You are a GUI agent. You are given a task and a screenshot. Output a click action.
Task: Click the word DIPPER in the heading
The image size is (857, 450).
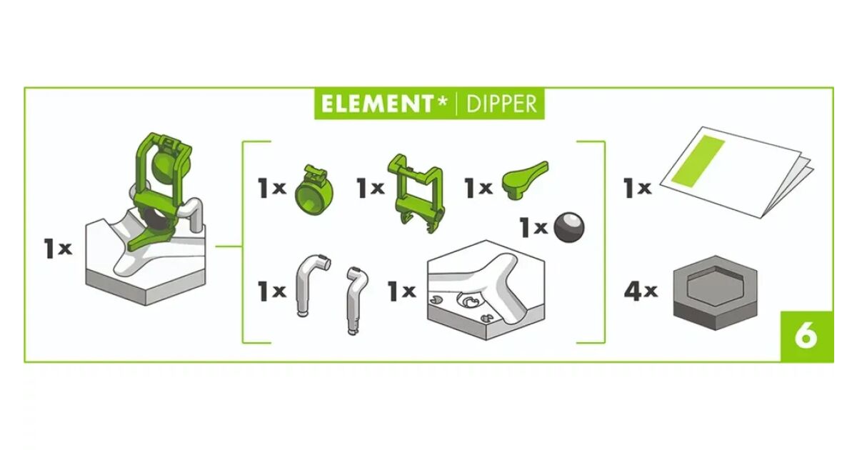(x=501, y=104)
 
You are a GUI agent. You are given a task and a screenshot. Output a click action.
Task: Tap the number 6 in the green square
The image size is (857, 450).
(x=806, y=336)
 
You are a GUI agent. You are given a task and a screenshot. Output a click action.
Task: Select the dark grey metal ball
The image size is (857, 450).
(x=569, y=227)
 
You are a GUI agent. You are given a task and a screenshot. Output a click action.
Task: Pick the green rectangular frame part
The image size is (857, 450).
(x=416, y=194)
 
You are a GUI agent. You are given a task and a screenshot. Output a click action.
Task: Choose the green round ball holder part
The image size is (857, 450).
(x=314, y=190)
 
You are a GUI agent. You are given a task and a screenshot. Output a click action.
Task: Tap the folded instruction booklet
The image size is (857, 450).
(x=736, y=172)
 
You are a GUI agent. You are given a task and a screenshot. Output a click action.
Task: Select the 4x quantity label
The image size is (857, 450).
(x=641, y=291)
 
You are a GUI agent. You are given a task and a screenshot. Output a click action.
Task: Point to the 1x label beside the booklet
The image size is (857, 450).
(x=637, y=188)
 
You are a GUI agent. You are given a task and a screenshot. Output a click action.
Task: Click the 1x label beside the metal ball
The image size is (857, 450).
(x=533, y=228)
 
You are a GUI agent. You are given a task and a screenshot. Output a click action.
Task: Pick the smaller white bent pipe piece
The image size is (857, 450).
(x=356, y=301)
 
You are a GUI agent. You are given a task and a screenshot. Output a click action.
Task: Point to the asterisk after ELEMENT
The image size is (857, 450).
(x=442, y=101)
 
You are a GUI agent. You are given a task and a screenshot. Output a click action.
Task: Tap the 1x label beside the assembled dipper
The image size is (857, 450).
(x=58, y=249)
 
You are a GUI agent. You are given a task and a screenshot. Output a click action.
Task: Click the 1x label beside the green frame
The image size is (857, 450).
(x=370, y=188)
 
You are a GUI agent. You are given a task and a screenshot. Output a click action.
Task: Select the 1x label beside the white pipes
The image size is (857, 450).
(x=272, y=291)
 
